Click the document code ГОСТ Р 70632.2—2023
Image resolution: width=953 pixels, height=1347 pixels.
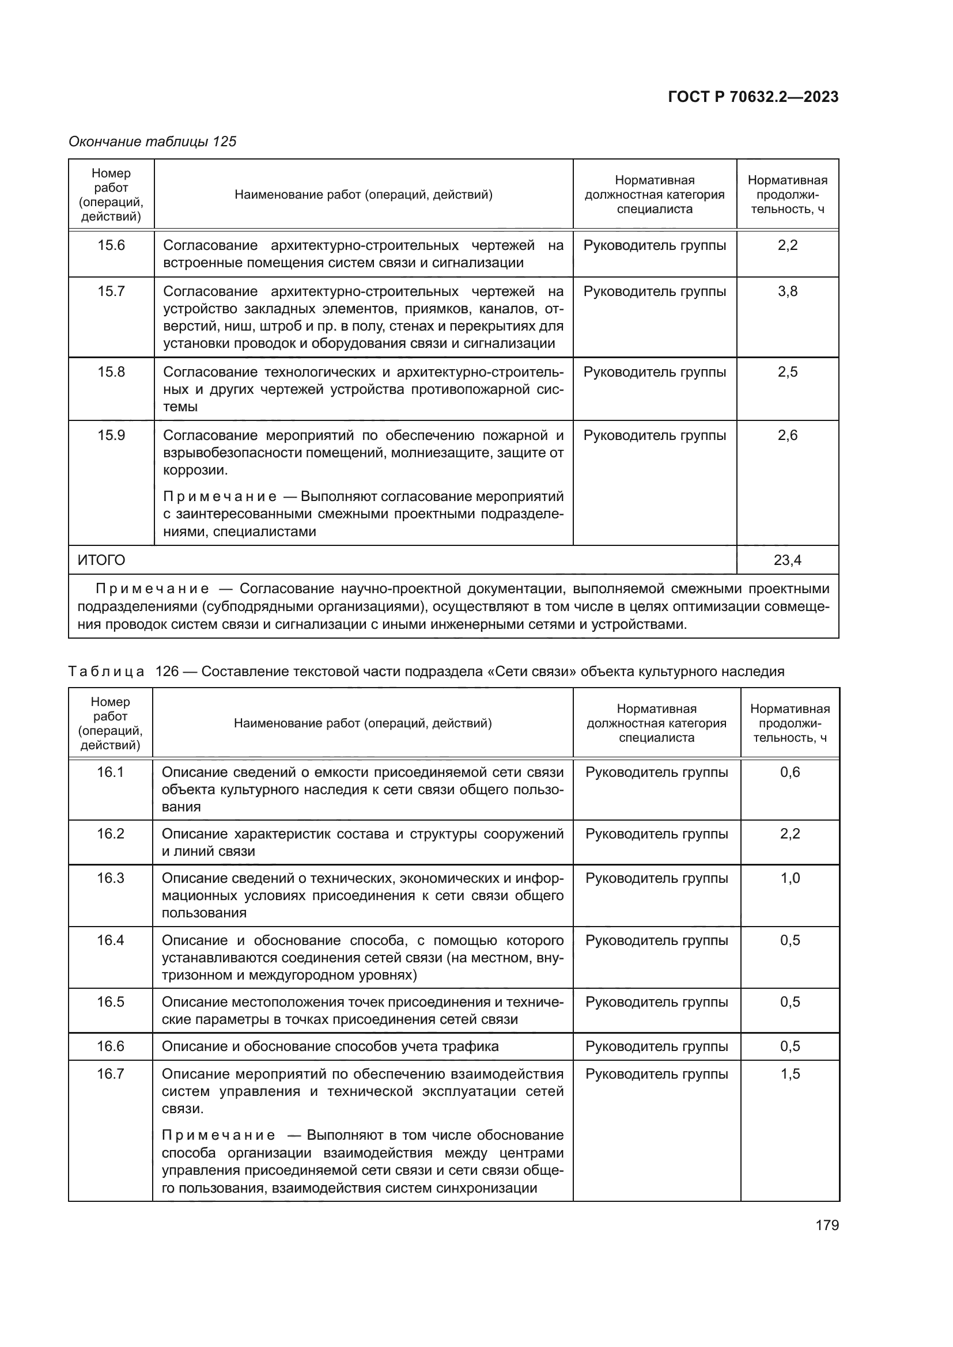[x=753, y=97]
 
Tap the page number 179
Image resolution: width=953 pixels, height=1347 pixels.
[x=827, y=1225]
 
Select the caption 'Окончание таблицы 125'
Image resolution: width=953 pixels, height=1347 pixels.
[x=152, y=142]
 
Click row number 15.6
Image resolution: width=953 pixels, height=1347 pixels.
[x=111, y=245]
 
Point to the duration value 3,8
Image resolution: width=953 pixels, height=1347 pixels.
[x=788, y=291]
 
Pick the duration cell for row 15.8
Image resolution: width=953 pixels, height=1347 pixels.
[x=788, y=372]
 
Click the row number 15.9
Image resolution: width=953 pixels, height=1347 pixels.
[x=111, y=435]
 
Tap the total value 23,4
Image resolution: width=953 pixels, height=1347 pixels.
[x=788, y=560]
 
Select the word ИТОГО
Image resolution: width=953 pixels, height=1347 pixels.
[x=101, y=560]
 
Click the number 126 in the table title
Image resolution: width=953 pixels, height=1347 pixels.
[x=167, y=671]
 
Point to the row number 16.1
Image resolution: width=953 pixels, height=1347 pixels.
[x=110, y=772]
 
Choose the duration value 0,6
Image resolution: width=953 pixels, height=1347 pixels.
[x=790, y=772]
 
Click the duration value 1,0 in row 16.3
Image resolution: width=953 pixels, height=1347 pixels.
[x=790, y=878]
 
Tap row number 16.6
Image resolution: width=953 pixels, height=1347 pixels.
[x=110, y=1046]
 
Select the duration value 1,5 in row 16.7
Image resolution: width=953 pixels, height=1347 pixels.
[x=790, y=1074]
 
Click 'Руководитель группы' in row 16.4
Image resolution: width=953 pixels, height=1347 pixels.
[x=657, y=940]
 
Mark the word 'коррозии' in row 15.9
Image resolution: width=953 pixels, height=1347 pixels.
[x=194, y=470]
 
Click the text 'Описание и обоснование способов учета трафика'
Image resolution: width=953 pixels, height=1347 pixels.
[x=330, y=1046]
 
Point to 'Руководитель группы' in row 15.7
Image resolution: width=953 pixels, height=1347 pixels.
[x=655, y=291]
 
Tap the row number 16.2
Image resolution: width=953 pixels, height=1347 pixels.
[x=110, y=834]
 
